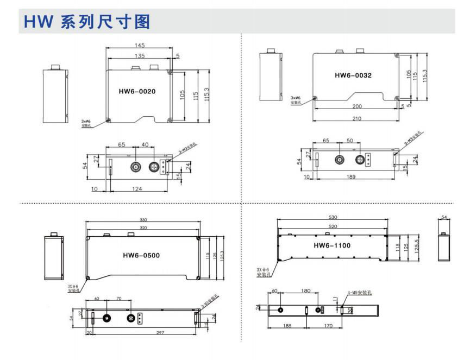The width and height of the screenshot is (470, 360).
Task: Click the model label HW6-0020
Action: point(137,91)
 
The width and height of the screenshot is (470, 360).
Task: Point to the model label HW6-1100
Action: point(332,245)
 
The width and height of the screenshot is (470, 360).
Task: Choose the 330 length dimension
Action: point(143,220)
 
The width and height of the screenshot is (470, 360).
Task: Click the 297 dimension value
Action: point(145,333)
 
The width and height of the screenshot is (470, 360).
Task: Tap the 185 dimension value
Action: point(286,326)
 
